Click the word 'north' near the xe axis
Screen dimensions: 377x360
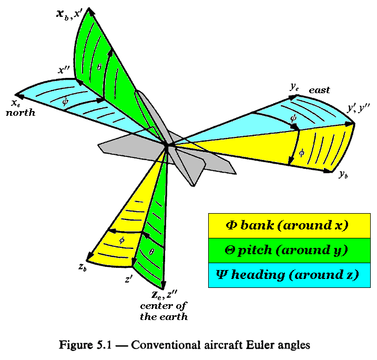click(21, 113)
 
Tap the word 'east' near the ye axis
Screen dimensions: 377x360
click(319, 90)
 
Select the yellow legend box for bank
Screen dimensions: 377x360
click(289, 225)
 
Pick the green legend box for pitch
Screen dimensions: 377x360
click(289, 251)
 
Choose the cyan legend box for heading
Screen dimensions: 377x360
click(289, 275)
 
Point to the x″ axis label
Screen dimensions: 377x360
click(64, 70)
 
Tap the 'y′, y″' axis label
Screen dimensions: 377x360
click(358, 108)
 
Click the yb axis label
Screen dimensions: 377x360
click(343, 174)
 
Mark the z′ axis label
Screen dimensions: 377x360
click(129, 279)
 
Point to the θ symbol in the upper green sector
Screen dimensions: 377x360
click(99, 67)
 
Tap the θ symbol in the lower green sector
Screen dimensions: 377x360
click(151, 252)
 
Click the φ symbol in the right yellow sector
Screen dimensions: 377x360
click(301, 153)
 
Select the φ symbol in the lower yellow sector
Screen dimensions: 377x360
click(122, 240)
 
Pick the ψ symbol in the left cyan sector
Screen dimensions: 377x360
click(65, 102)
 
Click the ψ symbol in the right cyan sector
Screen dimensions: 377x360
click(293, 118)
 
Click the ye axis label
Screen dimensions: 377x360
click(294, 87)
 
